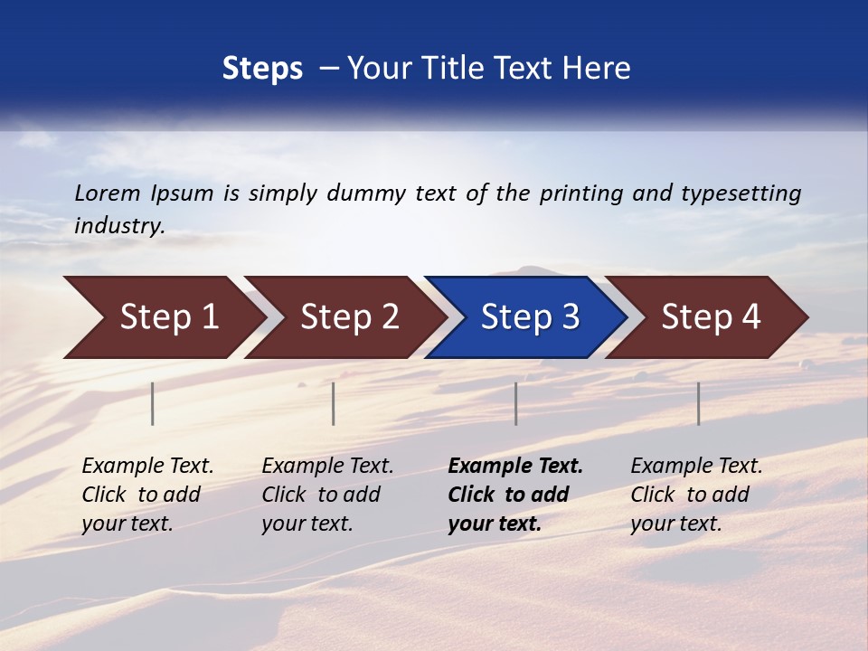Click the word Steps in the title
[262, 69]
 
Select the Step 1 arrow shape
[163, 317]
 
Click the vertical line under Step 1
[153, 403]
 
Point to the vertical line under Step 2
[334, 403]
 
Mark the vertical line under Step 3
[515, 403]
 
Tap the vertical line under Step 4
[698, 403]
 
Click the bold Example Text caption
[515, 467]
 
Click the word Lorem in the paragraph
[108, 193]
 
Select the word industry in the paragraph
[119, 226]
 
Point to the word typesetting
[741, 193]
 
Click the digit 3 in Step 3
[570, 317]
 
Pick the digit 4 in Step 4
[750, 317]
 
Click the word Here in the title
[599, 69]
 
